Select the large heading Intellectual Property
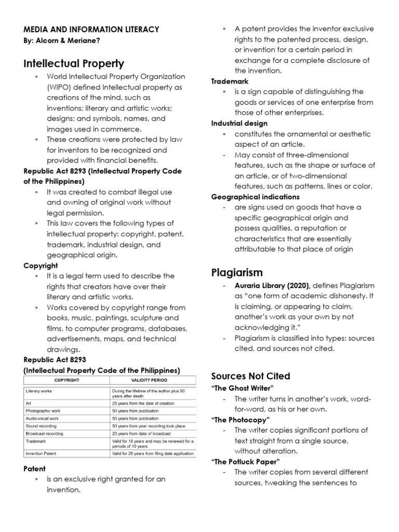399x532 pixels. pyautogui.click(x=74, y=64)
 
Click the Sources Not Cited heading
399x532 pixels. pyautogui.click(x=250, y=376)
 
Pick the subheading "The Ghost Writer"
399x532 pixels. pyautogui.click(x=242, y=388)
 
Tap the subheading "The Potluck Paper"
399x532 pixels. pyautogui.click(x=246, y=461)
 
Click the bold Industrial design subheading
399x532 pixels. pyautogui.click(x=239, y=124)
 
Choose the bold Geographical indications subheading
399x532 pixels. pyautogui.click(x=255, y=197)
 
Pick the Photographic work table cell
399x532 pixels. pyautogui.click(x=44, y=410)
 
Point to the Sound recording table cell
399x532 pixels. pyautogui.click(x=41, y=425)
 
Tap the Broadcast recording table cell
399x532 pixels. pyautogui.click(x=44, y=433)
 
